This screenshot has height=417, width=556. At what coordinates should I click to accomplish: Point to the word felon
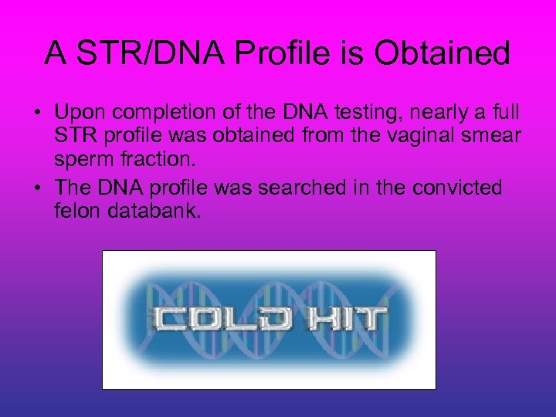point(75,212)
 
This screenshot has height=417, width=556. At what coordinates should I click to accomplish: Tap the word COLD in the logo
point(210,318)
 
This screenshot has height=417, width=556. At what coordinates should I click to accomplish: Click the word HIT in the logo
point(344,318)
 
